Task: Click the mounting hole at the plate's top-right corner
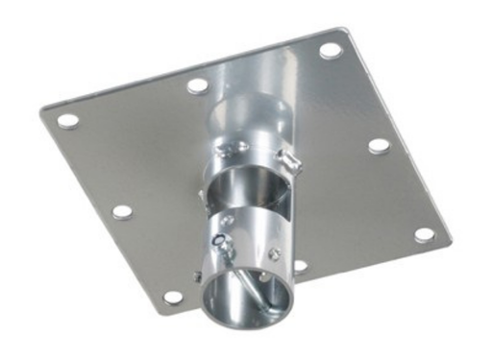tap(330, 49)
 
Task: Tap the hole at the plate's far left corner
tap(68, 121)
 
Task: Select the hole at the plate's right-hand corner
tap(424, 234)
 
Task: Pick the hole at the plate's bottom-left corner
tap(174, 297)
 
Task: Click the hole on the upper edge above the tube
tap(197, 84)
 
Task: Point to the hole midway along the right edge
tap(379, 146)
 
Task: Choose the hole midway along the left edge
tap(121, 210)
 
